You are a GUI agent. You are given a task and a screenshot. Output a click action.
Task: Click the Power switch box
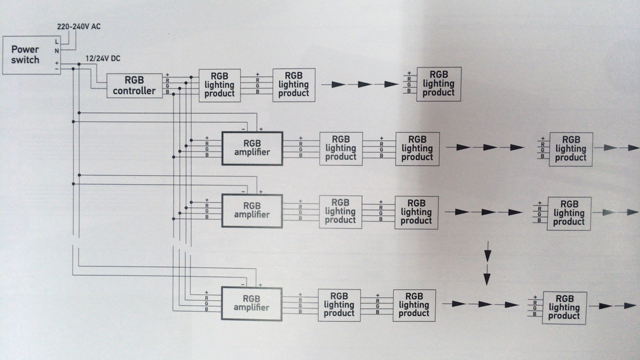click(31, 55)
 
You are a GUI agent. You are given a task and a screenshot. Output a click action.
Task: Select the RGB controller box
click(134, 85)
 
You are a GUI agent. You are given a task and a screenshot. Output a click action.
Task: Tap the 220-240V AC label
click(79, 26)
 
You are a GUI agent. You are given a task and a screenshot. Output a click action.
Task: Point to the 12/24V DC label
click(103, 58)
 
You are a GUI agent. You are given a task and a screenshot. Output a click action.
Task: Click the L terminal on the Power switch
click(57, 41)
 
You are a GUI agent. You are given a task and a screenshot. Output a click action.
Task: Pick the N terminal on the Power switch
click(57, 51)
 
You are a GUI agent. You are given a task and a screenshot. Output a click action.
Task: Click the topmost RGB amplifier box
click(252, 148)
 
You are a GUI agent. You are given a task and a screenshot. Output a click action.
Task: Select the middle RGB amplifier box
click(252, 211)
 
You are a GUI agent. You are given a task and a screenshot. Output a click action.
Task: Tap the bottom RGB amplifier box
click(251, 303)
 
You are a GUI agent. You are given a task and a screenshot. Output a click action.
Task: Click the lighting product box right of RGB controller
click(219, 85)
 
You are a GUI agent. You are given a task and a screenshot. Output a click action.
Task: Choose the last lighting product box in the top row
click(439, 84)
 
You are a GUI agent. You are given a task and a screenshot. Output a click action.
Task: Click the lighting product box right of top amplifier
click(341, 148)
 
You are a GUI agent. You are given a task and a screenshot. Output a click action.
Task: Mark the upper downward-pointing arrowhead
click(487, 255)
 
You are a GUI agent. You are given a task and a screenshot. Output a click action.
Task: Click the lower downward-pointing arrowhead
click(487, 279)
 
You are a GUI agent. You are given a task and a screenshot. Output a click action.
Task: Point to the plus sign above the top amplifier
click(261, 129)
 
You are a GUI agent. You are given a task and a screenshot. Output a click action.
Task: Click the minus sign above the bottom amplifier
click(243, 284)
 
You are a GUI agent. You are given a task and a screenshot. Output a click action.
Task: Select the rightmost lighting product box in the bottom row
click(564, 307)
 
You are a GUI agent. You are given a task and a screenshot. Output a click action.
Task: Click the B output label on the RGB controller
click(167, 92)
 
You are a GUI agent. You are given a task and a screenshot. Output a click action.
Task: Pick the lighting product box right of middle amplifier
click(340, 211)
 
